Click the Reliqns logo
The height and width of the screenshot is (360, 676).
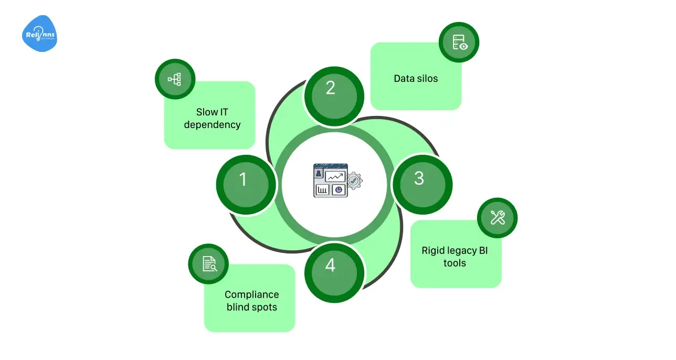click(x=39, y=34)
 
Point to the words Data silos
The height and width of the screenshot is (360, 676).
click(x=416, y=79)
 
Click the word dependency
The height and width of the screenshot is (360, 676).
click(x=212, y=125)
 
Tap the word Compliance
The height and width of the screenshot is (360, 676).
click(x=252, y=294)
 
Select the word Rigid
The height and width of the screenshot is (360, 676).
click(x=434, y=250)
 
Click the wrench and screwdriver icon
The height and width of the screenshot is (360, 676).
click(x=498, y=217)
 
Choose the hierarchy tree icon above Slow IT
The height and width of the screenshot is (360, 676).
click(x=174, y=79)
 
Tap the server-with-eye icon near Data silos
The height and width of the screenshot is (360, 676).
click(x=459, y=42)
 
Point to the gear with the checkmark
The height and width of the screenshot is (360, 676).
click(x=354, y=181)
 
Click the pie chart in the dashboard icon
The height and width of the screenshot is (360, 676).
click(x=339, y=189)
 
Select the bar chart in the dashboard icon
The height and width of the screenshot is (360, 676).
click(x=322, y=189)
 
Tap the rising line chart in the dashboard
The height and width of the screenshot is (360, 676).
click(x=335, y=176)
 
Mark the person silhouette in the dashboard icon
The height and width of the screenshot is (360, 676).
click(x=319, y=174)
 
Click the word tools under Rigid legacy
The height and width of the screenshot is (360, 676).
click(x=455, y=263)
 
